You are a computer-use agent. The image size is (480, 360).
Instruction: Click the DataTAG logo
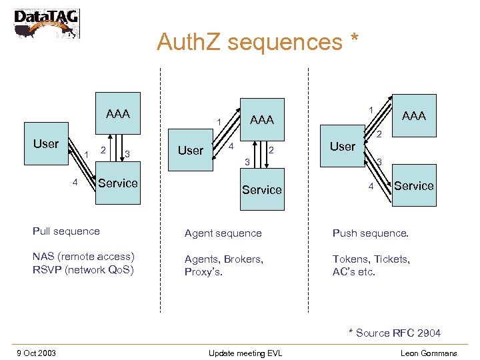coord(46,23)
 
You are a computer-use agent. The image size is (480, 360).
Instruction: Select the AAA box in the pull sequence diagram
coord(117,114)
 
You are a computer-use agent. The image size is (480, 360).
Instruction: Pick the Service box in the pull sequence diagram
coord(117,183)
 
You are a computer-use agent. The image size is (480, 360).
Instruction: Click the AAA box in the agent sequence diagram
coord(261,120)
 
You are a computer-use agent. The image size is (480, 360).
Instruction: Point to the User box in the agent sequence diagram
coord(191,151)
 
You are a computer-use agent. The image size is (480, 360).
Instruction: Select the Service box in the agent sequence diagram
coord(261,190)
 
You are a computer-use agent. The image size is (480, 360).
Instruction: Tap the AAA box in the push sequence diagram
coord(413,116)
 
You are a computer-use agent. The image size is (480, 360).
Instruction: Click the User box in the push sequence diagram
coord(343,147)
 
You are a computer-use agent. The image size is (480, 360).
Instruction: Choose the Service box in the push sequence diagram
coord(413,186)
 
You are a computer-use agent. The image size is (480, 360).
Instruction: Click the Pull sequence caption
coord(66,231)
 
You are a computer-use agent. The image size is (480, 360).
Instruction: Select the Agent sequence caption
coord(223,233)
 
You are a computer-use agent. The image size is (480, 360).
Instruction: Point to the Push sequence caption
coord(370,233)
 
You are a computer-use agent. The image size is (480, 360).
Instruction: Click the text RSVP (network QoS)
coord(83,270)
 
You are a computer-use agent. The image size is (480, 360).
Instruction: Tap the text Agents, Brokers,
coord(223,259)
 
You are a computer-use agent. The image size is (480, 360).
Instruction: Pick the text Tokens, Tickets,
coord(371,259)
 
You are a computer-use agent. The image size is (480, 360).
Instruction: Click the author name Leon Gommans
coord(429,353)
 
